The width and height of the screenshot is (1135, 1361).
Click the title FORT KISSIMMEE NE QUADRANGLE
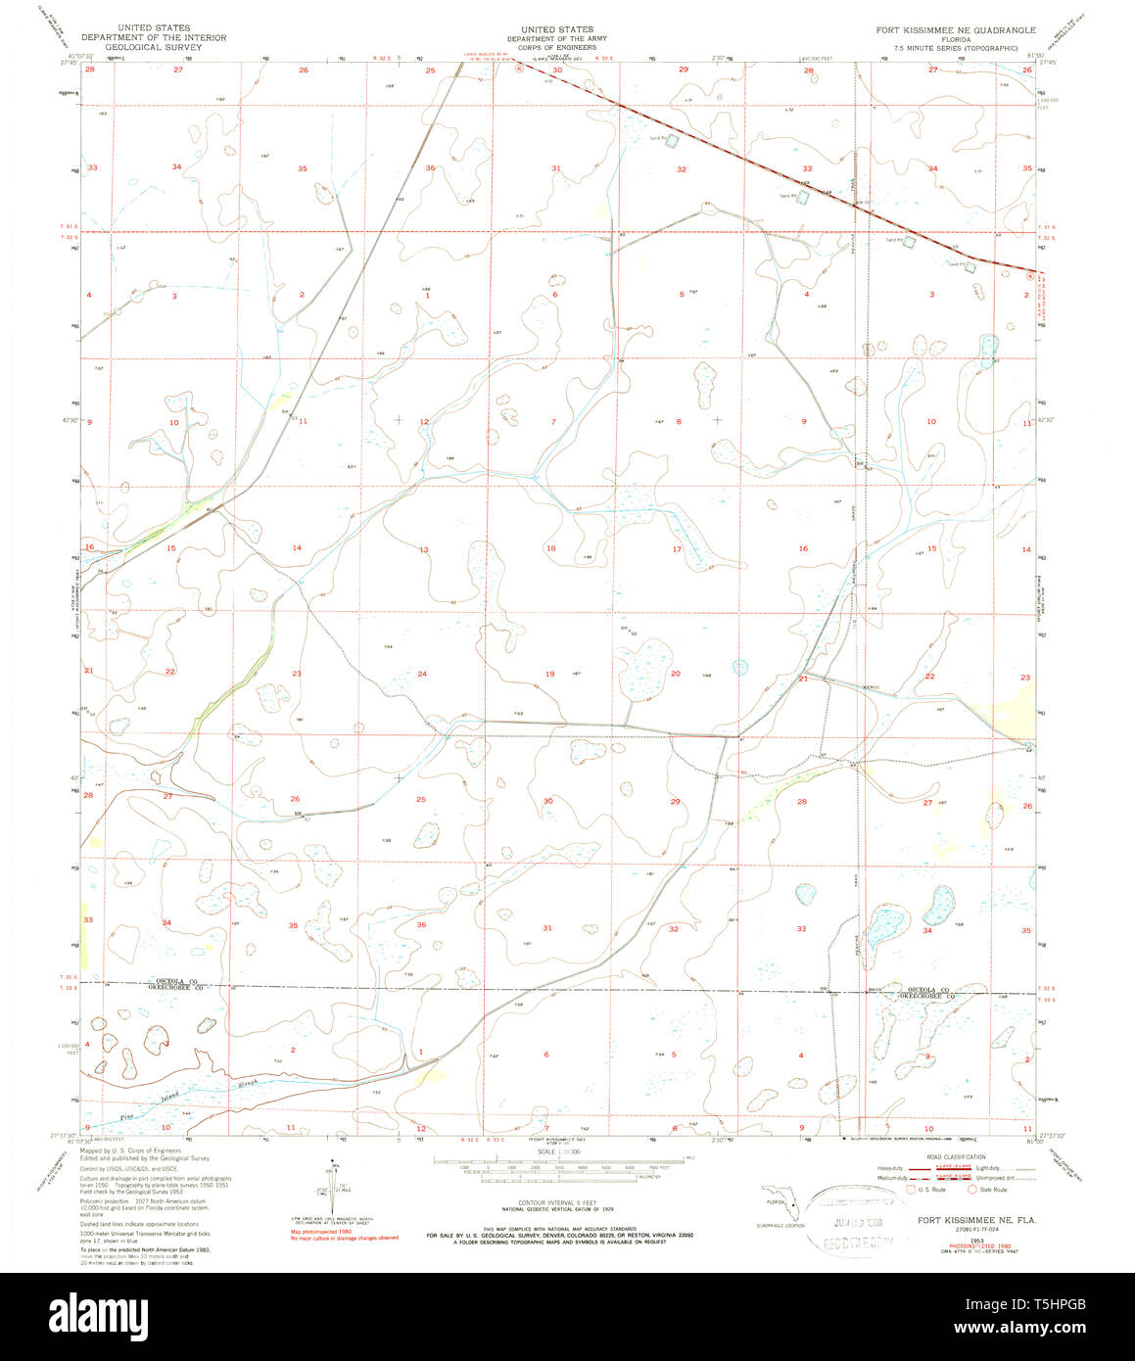(x=955, y=30)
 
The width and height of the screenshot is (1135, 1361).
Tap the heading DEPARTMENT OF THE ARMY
(x=556, y=38)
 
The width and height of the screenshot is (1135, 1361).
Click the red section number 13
(x=424, y=550)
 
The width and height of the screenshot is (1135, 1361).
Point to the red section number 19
(x=549, y=674)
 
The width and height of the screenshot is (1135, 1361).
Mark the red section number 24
(x=422, y=674)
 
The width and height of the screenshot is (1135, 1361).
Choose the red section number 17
(x=677, y=549)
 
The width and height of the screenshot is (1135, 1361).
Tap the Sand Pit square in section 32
(x=671, y=141)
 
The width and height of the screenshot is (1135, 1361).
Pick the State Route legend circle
(x=972, y=1190)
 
